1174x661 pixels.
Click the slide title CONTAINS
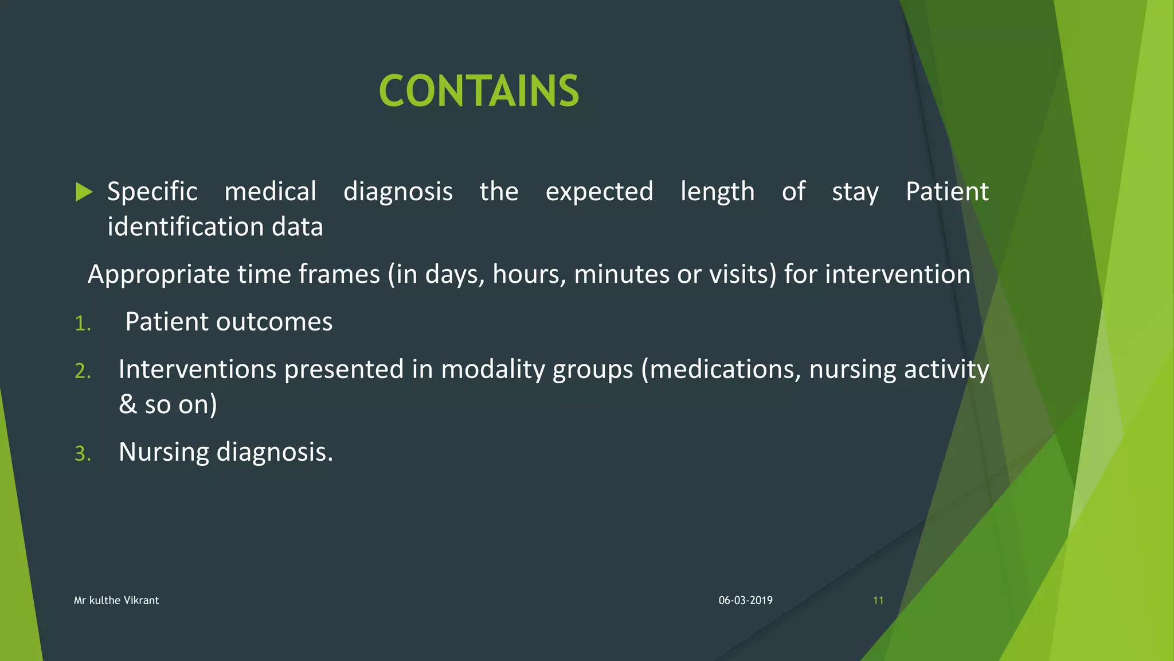click(x=479, y=91)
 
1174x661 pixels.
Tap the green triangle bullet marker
click(x=84, y=192)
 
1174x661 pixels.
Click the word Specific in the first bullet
click(x=152, y=192)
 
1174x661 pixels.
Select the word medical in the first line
click(x=270, y=192)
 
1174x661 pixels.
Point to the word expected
click(x=599, y=192)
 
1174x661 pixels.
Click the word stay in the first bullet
click(x=855, y=192)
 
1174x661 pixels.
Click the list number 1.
click(x=83, y=324)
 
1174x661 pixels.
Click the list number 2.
click(x=83, y=371)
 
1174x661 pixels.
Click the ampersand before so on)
click(x=128, y=405)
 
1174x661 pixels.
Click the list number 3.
click(x=83, y=454)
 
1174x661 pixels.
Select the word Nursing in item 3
click(x=164, y=452)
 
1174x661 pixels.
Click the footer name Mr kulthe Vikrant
click(x=116, y=600)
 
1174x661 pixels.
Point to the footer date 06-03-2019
click(x=745, y=600)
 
